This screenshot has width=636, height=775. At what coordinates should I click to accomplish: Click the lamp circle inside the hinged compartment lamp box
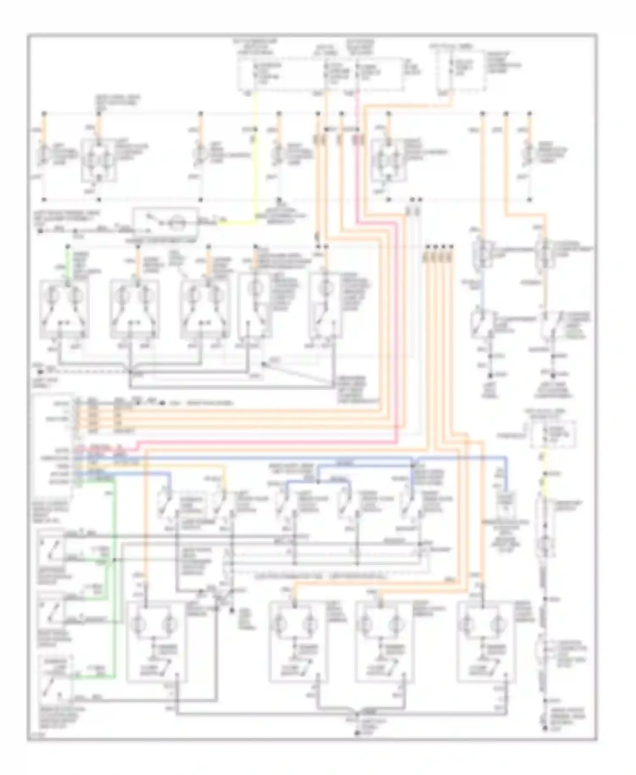point(175,222)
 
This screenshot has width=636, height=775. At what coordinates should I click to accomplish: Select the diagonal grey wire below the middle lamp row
point(297,375)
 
